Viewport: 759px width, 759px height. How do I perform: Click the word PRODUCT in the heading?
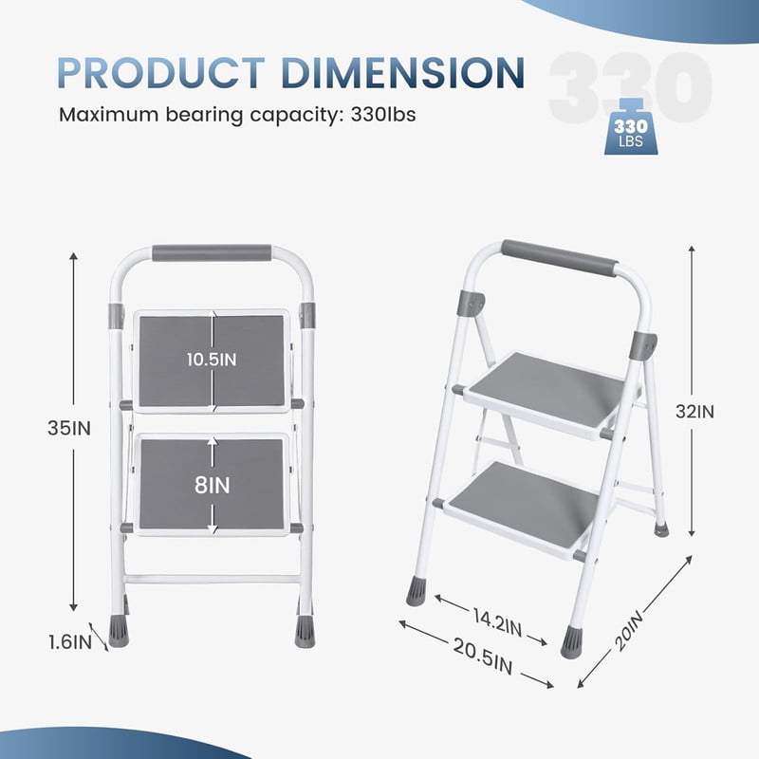(161, 73)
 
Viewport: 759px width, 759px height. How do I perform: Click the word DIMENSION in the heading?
(403, 73)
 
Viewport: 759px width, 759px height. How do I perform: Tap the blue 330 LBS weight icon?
(631, 127)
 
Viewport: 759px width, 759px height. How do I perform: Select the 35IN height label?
(68, 428)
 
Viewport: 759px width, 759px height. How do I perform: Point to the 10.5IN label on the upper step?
(212, 360)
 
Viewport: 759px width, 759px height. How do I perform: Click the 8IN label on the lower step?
(212, 485)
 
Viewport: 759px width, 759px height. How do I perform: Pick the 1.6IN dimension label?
(70, 642)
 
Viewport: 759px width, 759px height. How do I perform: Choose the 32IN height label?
(695, 412)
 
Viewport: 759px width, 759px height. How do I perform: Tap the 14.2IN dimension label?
(497, 623)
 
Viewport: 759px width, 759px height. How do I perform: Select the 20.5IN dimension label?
(483, 656)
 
